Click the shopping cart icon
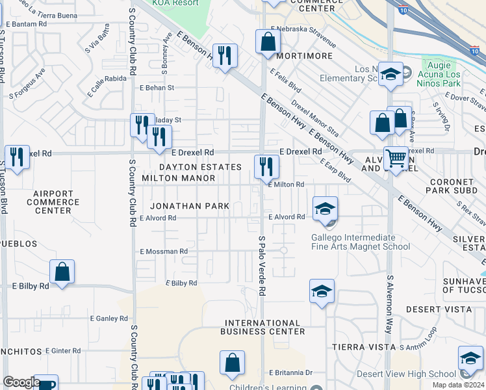point(396,158)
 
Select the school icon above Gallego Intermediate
point(325,209)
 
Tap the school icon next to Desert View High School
point(470,358)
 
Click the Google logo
point(21,382)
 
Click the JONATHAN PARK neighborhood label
point(189,206)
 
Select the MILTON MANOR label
point(178,178)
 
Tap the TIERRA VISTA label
point(359,347)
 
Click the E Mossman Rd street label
point(163,251)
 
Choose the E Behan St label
point(157,88)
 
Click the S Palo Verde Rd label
point(262,266)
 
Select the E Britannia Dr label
point(291,372)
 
